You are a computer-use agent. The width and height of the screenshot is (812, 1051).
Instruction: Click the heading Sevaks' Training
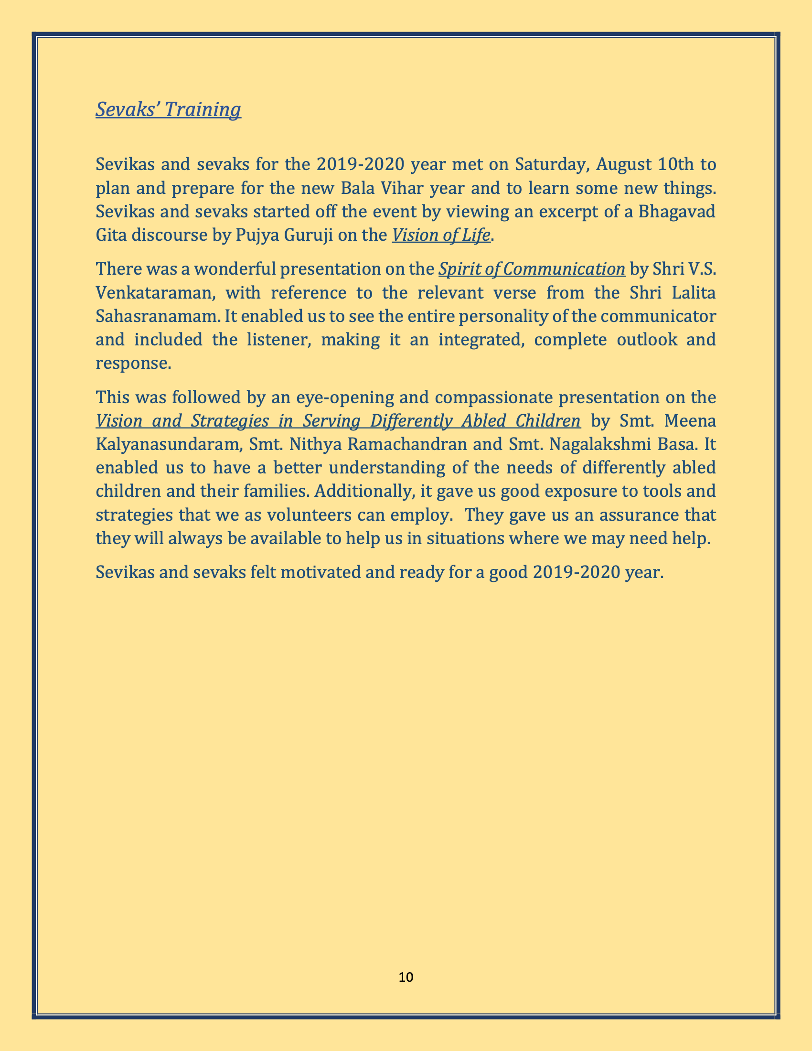(168, 110)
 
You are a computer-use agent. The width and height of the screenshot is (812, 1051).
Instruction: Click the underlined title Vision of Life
(441, 236)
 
